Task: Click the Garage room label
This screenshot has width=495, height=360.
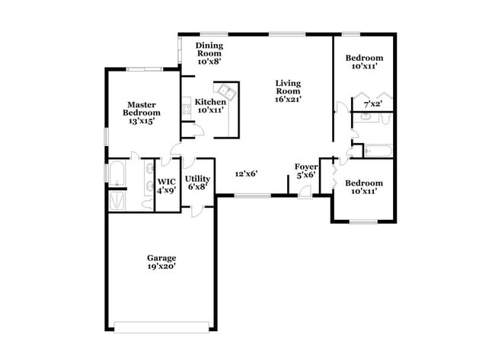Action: pos(161,257)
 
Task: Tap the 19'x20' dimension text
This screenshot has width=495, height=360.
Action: pos(161,266)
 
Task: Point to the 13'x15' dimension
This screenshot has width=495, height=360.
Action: pos(142,121)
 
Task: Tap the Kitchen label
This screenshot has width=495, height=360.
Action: pos(210,102)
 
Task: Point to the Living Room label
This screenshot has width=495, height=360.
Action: pos(288,86)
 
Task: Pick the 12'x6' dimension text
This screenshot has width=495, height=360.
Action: pos(245,174)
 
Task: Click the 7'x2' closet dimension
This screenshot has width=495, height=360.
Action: pos(372,104)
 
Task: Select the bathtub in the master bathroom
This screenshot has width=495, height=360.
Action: pos(117,174)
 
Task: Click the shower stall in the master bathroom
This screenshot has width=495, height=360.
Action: pos(119,201)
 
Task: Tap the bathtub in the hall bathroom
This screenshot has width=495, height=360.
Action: pos(378,151)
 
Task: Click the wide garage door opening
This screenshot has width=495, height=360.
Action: pos(161,327)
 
